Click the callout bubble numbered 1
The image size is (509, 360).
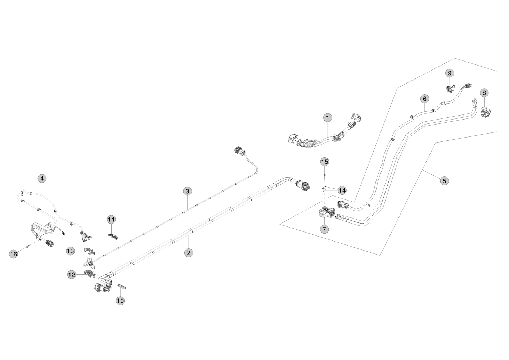pos(327,118)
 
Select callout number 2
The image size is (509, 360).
pos(188,253)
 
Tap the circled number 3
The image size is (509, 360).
pos(187,191)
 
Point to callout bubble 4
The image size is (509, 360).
pos(42,178)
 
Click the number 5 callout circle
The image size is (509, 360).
pos(444,180)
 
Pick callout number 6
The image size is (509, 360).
pos(424,98)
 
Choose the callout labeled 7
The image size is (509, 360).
pos(324,229)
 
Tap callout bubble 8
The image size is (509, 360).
pos(484,93)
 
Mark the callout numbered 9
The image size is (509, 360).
pos(449,73)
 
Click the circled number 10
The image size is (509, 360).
pos(121,300)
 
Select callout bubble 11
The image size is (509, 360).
pos(111,219)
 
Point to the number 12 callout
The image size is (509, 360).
pos(72,275)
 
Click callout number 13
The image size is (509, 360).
pos(71,251)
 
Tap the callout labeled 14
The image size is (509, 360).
pos(342,190)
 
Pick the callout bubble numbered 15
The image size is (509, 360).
pos(325,162)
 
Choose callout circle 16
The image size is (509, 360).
pos(13,254)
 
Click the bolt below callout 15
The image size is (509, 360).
pos(325,176)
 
